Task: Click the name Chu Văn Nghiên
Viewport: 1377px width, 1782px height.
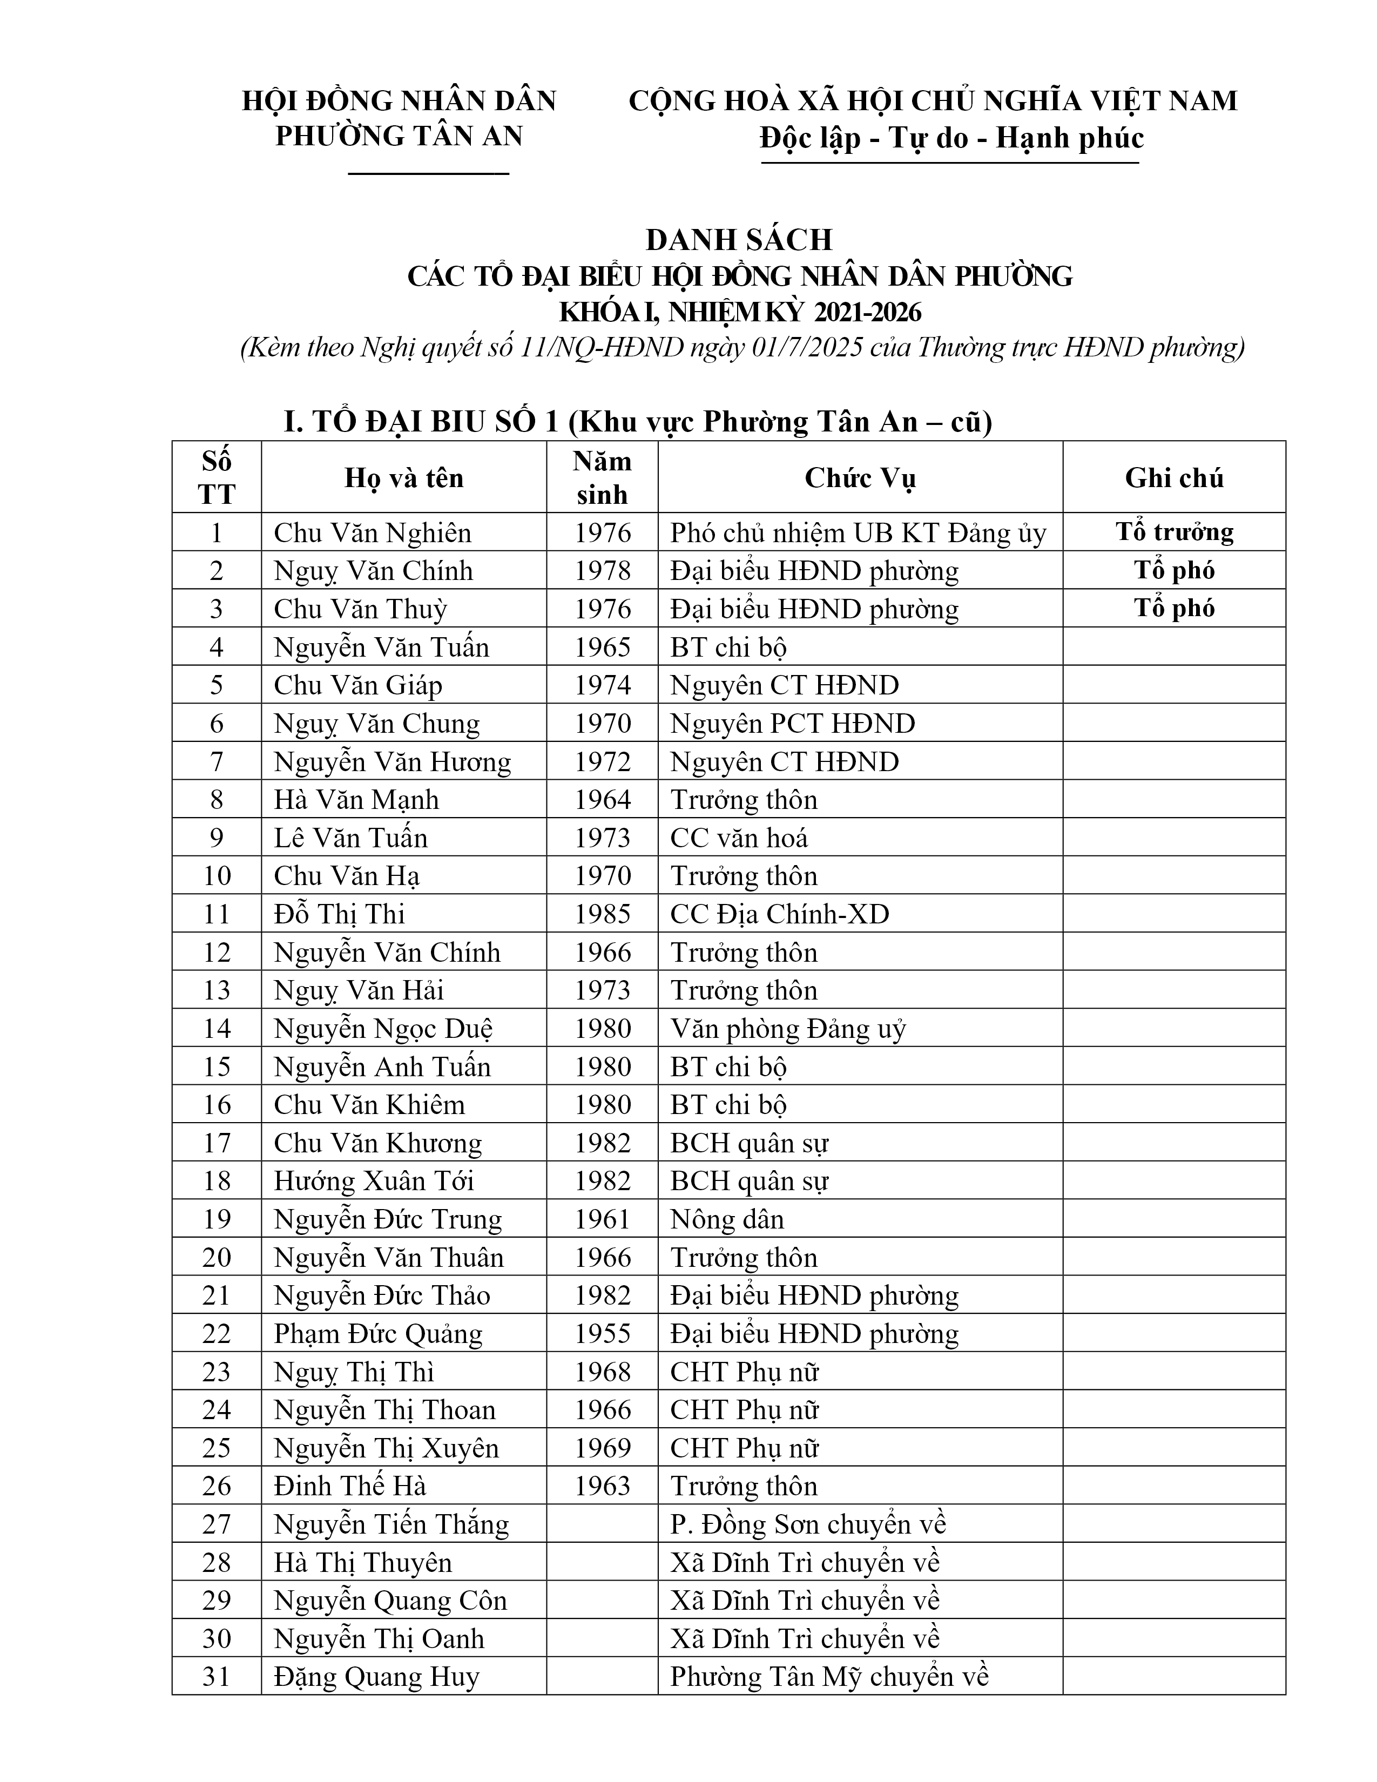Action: coord(372,533)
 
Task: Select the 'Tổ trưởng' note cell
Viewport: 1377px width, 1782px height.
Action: coord(1174,532)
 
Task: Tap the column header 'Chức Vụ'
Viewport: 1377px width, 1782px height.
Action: coord(860,477)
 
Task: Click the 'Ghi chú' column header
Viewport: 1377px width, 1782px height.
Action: coord(1174,477)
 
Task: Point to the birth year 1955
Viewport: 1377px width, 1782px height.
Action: coord(602,1333)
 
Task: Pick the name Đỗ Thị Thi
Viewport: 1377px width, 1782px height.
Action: coord(339,914)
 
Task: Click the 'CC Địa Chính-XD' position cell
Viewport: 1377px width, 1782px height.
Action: coord(779,914)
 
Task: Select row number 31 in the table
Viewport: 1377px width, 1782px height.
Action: coord(216,1677)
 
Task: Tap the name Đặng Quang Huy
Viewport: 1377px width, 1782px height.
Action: coord(376,1677)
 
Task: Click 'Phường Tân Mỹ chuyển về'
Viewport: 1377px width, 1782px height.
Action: coord(829,1677)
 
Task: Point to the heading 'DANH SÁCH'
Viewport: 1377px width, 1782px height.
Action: coord(739,240)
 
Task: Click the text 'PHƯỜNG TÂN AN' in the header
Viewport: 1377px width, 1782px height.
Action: coord(399,136)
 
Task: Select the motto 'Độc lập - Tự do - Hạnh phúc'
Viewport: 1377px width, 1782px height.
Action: coord(951,138)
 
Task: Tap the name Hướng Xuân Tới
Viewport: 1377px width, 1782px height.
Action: coord(374,1180)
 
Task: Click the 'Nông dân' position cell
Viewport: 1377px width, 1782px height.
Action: coord(727,1219)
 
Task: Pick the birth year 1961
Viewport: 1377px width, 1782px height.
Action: coord(602,1219)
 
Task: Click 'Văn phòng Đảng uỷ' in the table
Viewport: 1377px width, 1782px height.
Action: coord(787,1029)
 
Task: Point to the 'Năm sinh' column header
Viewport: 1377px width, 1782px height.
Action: coord(602,477)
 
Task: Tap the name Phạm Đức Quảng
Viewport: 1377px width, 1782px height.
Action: coord(377,1333)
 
